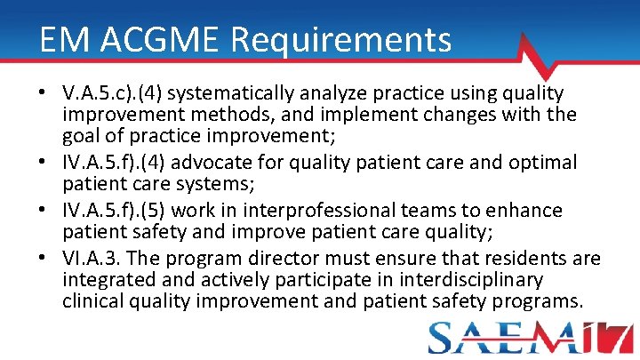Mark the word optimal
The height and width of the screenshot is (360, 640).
pyautogui.click(x=543, y=164)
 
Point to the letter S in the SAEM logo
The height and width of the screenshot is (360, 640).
pyautogui.click(x=444, y=339)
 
